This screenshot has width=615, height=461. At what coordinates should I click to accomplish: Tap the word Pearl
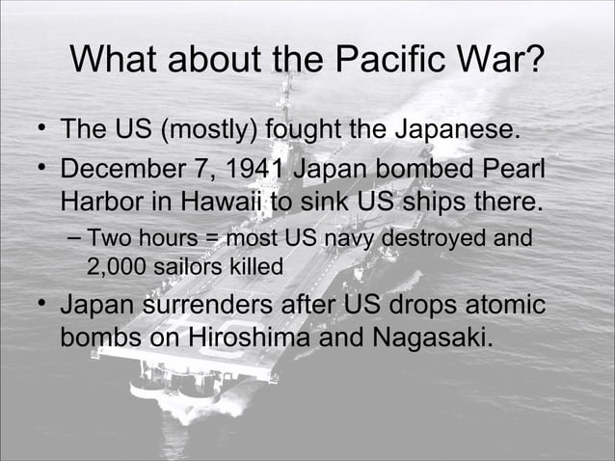(x=512, y=172)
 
